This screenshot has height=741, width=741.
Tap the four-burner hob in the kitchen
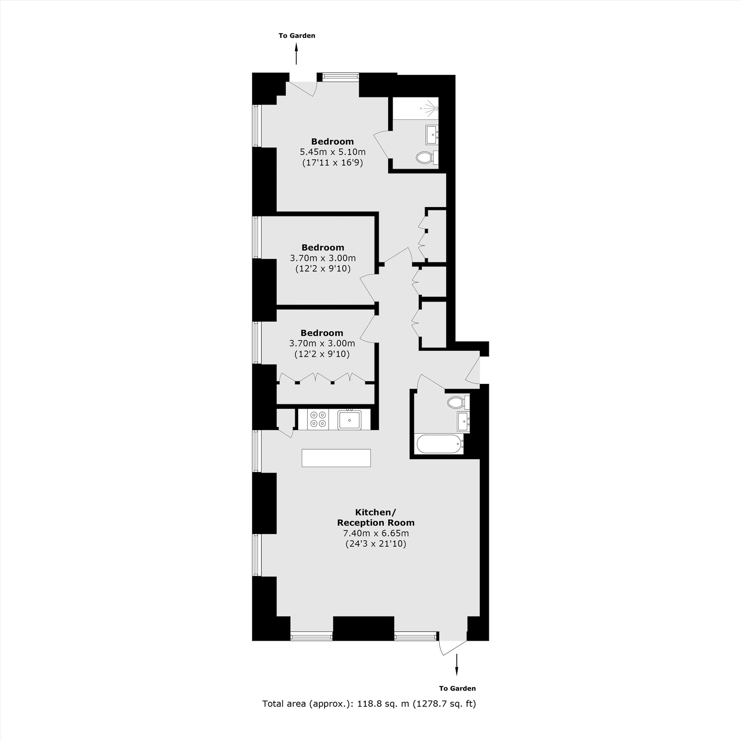coord(318,419)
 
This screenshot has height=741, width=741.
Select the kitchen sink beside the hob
coord(349,420)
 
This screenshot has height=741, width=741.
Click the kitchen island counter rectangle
coord(336,458)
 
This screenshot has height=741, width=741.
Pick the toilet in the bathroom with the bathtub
coord(458,402)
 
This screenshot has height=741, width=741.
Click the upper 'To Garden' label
coord(297,36)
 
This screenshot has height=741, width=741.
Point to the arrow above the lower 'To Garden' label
coord(456,664)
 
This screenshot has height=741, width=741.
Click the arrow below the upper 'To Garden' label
coord(296,54)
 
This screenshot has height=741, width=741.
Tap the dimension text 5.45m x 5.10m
coord(333,152)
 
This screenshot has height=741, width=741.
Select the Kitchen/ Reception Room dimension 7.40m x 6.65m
coord(376,533)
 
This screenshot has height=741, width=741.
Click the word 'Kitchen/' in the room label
coord(375,512)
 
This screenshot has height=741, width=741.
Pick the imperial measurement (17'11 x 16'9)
coord(333,163)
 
